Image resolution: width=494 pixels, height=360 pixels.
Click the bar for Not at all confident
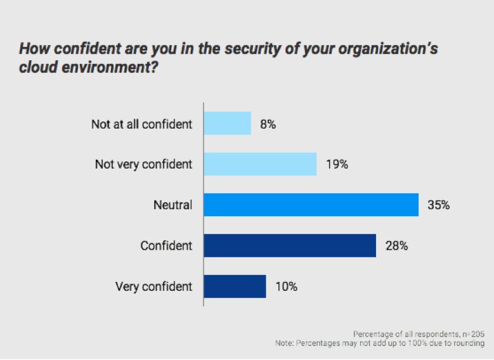click(227, 124)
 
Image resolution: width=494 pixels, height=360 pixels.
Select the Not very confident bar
click(260, 164)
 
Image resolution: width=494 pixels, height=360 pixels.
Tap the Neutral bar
click(311, 205)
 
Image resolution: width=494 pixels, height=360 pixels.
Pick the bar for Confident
click(290, 245)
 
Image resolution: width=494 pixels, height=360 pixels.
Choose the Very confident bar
click(235, 286)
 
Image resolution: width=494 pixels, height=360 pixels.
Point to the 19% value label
click(337, 165)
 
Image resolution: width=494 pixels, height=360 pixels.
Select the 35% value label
click(439, 205)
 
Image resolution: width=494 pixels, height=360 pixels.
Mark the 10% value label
click(287, 286)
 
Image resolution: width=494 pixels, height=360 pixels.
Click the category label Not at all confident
click(141, 124)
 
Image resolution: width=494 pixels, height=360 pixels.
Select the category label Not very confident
click(143, 165)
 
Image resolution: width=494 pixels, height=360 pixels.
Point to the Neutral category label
click(172, 205)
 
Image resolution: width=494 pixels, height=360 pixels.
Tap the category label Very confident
click(153, 286)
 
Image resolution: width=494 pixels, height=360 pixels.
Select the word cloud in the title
click(39, 66)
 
